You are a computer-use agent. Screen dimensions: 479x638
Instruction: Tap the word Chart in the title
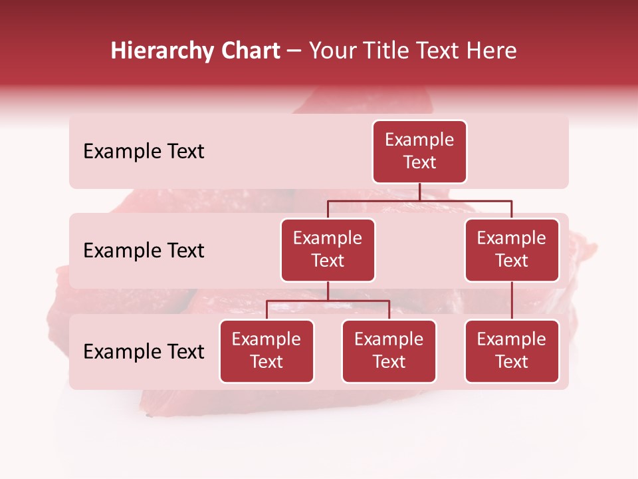click(x=247, y=51)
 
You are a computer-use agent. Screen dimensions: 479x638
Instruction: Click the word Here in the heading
click(x=490, y=51)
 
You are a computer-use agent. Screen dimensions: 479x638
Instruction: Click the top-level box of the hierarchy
click(x=419, y=152)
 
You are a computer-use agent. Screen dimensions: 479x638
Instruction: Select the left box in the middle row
click(x=328, y=250)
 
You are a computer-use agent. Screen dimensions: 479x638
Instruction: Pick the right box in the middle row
click(x=512, y=250)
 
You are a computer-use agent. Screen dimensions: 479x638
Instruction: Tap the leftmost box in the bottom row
click(x=266, y=351)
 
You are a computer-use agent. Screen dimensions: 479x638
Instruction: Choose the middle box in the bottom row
click(x=389, y=351)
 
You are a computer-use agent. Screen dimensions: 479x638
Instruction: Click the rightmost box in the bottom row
click(x=512, y=351)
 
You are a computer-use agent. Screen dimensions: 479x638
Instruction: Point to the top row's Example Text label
click(x=144, y=152)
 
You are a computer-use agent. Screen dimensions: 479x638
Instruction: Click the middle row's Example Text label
click(x=144, y=251)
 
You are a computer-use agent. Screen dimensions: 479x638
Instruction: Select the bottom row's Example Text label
click(x=144, y=352)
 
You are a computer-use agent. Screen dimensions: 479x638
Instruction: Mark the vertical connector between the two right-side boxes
click(x=512, y=301)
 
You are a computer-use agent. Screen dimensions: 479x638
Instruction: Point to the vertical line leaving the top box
click(x=419, y=192)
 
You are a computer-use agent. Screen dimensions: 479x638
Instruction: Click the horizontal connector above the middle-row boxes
click(x=419, y=200)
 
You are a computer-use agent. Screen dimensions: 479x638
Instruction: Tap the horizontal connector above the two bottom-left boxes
click(x=328, y=301)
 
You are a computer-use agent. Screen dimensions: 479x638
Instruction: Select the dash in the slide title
click(x=294, y=51)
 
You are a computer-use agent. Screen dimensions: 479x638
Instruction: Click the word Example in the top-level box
click(x=419, y=140)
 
